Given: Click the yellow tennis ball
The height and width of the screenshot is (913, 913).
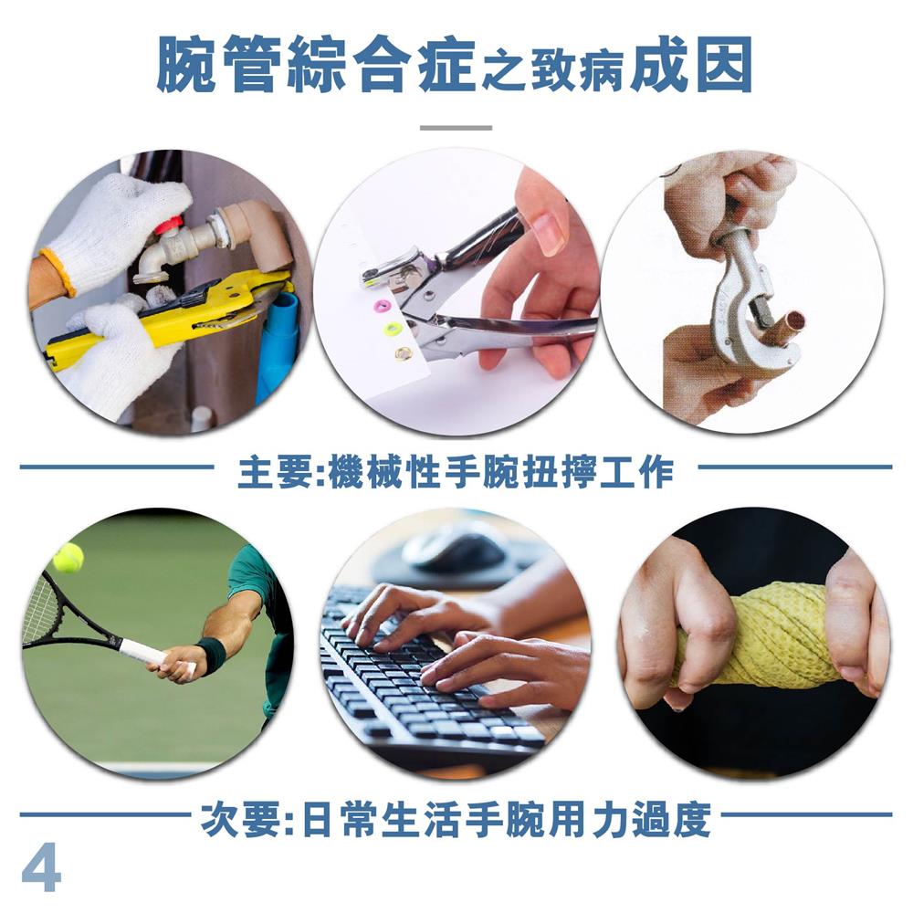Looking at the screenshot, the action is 68,557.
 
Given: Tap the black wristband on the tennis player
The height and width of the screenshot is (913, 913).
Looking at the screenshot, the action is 212,655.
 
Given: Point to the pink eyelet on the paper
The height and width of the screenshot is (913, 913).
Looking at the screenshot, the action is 385,304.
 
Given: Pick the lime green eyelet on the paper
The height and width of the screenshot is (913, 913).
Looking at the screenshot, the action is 394,330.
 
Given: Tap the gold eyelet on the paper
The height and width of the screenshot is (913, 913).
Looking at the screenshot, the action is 404,352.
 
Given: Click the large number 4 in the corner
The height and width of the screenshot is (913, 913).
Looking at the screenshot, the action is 41,867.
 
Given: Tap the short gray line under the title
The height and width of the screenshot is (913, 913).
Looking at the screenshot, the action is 456,128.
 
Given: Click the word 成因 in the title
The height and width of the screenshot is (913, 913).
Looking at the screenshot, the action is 691,64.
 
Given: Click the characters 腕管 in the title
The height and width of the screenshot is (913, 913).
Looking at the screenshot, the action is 216,64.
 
